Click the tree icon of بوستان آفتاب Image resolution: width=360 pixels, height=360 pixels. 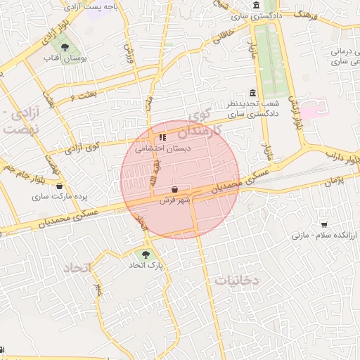[x=65, y=48]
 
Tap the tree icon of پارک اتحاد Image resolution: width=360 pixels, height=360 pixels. [x=146, y=255]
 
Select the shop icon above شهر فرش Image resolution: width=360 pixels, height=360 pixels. [x=174, y=190]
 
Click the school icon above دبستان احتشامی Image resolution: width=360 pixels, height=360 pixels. [x=162, y=138]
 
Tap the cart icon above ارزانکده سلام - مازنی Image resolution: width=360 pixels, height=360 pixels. [x=323, y=225]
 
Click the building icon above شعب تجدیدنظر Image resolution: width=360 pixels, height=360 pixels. [x=252, y=94]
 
